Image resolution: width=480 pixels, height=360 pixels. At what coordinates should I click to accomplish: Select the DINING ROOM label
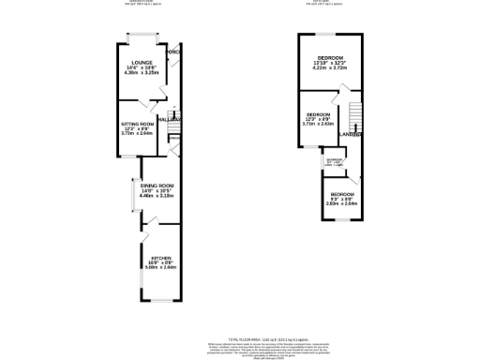(157, 187)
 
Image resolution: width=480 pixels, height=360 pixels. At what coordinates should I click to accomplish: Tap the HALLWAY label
(170, 121)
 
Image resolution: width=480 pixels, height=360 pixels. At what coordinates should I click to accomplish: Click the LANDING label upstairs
(352, 134)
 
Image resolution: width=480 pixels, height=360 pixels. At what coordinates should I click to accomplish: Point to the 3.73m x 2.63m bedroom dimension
(318, 124)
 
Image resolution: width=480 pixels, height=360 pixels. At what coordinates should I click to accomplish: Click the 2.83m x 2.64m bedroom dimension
(341, 202)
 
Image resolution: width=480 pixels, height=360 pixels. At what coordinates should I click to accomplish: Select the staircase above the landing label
(354, 116)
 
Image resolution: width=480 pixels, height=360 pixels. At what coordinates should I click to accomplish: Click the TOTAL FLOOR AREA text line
(240, 334)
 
